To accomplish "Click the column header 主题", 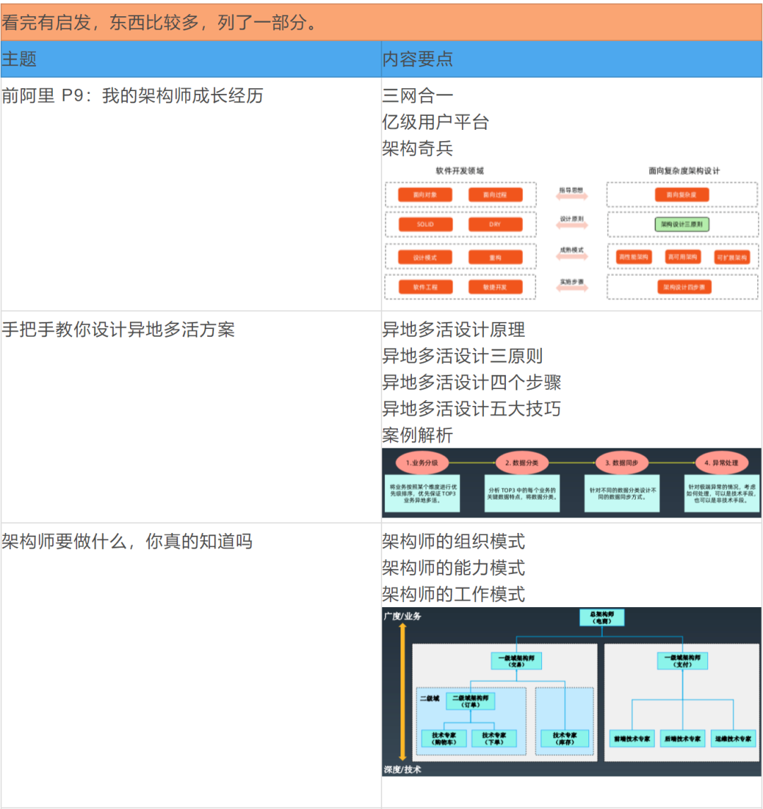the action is (19, 59).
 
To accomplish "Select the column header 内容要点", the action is (418, 59).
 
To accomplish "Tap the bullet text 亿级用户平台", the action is (435, 122).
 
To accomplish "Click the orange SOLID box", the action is (425, 224).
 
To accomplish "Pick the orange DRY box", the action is (495, 224).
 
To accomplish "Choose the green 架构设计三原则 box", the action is (682, 224).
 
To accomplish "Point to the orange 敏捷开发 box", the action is (495, 287).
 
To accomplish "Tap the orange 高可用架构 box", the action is (682, 257).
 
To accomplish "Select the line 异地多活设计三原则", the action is (462, 356).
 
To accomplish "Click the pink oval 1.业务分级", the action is (421, 463).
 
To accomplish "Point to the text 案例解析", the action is (418, 435).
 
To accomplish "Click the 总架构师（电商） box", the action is (602, 618).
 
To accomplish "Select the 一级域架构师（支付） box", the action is (682, 661).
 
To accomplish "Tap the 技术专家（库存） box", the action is (565, 738).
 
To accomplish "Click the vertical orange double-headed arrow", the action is (402, 691).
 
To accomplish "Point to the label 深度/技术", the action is (403, 769).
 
